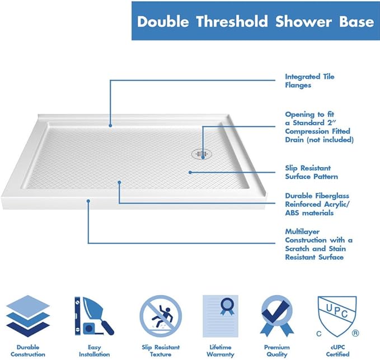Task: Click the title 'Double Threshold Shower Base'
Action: (x=255, y=22)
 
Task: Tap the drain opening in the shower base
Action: (x=201, y=151)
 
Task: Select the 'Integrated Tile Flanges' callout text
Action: (x=309, y=81)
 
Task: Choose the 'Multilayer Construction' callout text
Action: (x=318, y=244)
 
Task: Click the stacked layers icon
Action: (x=27, y=316)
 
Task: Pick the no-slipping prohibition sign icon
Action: (x=160, y=316)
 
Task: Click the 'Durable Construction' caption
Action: (x=28, y=350)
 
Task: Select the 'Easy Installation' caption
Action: (x=90, y=350)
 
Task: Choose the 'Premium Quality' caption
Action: (x=277, y=350)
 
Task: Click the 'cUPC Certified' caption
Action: (x=337, y=350)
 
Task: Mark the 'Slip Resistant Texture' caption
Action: (x=161, y=350)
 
